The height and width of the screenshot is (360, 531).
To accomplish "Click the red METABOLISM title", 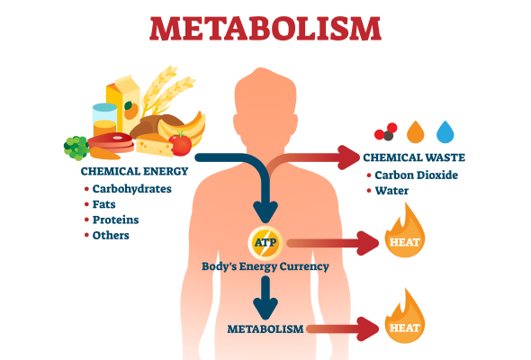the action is tap(265, 29).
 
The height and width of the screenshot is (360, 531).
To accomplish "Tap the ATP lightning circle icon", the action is tap(265, 242).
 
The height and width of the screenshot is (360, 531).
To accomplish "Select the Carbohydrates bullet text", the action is tap(132, 189).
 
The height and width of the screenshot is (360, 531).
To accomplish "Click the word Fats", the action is tap(104, 204).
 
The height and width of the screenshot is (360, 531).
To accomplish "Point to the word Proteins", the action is tap(116, 220).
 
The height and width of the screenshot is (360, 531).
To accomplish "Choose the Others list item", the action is tap(111, 236).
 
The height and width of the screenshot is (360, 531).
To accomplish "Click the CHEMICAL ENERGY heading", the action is tap(134, 171).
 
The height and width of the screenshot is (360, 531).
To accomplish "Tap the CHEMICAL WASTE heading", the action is tap(414, 157).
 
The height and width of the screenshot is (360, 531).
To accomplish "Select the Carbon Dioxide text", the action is tap(416, 175).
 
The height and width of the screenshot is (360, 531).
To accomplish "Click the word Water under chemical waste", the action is tap(391, 191).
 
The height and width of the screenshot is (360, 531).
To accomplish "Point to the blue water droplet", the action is tap(445, 131).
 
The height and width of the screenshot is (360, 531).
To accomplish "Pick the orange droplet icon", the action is tap(416, 131).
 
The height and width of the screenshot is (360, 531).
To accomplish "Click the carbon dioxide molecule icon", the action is tap(386, 131).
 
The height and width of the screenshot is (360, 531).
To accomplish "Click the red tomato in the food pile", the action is tap(180, 144).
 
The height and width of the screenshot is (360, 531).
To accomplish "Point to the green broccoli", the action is tap(76, 148).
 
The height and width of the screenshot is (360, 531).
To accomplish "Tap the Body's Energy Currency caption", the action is tap(265, 266).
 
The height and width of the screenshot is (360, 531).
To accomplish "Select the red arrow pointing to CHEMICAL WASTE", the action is tap(310, 157).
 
